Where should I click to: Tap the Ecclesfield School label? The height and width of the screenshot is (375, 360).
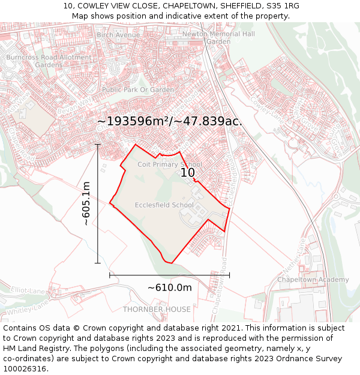coord(164,205)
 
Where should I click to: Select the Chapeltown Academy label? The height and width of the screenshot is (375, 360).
coord(313,280)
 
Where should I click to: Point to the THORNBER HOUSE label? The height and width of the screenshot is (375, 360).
coord(157,310)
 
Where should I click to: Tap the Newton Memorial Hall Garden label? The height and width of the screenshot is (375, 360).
coord(218,38)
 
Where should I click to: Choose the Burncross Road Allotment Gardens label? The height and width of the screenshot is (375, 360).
coord(49,61)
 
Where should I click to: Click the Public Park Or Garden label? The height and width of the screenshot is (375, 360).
coord(138,89)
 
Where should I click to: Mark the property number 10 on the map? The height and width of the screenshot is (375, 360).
coord(188,173)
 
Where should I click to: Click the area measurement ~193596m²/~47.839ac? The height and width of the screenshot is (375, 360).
coord(170,121)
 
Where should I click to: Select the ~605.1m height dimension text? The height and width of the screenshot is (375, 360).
coord(86,203)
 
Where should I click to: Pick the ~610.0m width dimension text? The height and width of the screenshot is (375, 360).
coord(170,287)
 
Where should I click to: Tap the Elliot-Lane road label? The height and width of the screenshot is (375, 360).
coord(28,290)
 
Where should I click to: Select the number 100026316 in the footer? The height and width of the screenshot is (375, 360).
coord(25,368)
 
